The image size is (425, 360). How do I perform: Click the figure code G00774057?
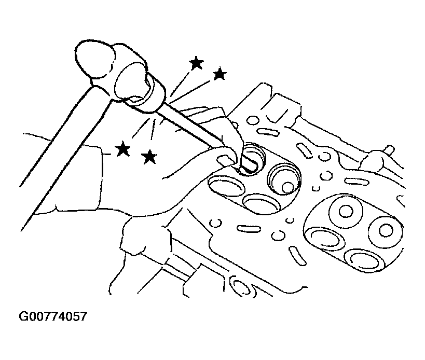click(53, 316)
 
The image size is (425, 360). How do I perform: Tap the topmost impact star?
click(196, 63)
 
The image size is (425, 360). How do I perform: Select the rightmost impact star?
click(220, 74)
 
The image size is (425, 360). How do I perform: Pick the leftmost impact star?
click(122, 148)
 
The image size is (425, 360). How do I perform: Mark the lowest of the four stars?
click(149, 157)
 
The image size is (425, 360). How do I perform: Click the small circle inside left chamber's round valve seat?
click(287, 187)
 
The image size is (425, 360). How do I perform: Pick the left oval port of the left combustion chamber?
click(227, 186)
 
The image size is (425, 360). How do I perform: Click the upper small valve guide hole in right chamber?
click(346, 211)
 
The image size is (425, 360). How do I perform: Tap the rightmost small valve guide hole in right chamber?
click(386, 230)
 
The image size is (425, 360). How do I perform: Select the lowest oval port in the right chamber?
click(365, 260)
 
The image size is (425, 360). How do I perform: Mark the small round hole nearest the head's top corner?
click(253, 120)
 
